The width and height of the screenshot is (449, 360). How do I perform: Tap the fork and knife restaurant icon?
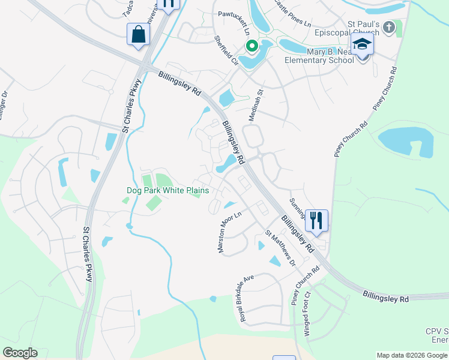pos(316,220)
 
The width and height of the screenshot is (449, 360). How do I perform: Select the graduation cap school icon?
pos(362,44)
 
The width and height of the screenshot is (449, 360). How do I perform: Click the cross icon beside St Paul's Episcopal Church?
pos(389,28)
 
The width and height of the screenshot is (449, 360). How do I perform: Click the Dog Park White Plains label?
pos(168,190)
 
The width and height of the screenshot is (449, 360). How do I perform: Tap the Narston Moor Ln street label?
pos(231,232)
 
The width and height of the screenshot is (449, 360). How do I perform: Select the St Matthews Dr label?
pos(281,247)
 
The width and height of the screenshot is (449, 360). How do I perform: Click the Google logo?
pos(20,353)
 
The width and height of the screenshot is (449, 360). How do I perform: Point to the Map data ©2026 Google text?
pos(411,355)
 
